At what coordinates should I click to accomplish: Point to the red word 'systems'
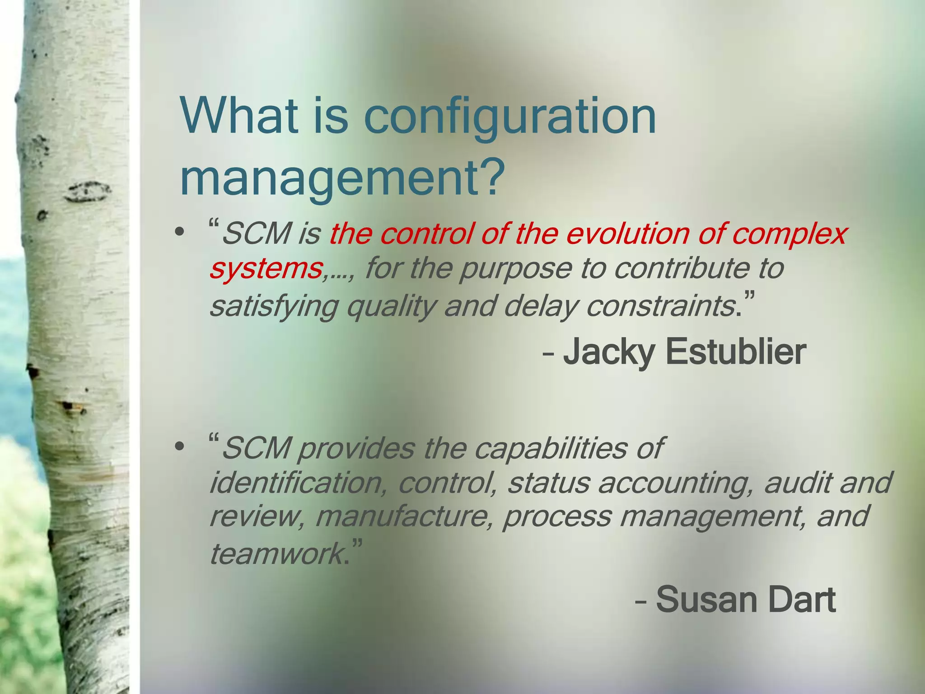pyautogui.click(x=266, y=269)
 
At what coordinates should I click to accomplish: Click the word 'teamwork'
pyautogui.click(x=276, y=554)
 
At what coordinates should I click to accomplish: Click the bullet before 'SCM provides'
pyautogui.click(x=180, y=447)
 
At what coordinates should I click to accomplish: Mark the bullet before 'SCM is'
pyautogui.click(x=180, y=232)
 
